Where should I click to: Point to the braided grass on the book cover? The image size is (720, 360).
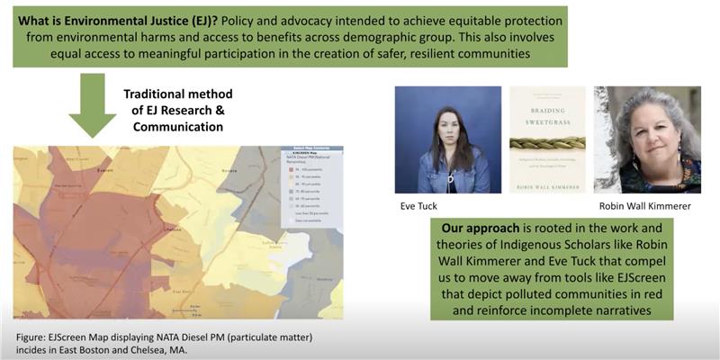(547, 142)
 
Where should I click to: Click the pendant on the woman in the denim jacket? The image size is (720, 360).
(448, 165)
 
